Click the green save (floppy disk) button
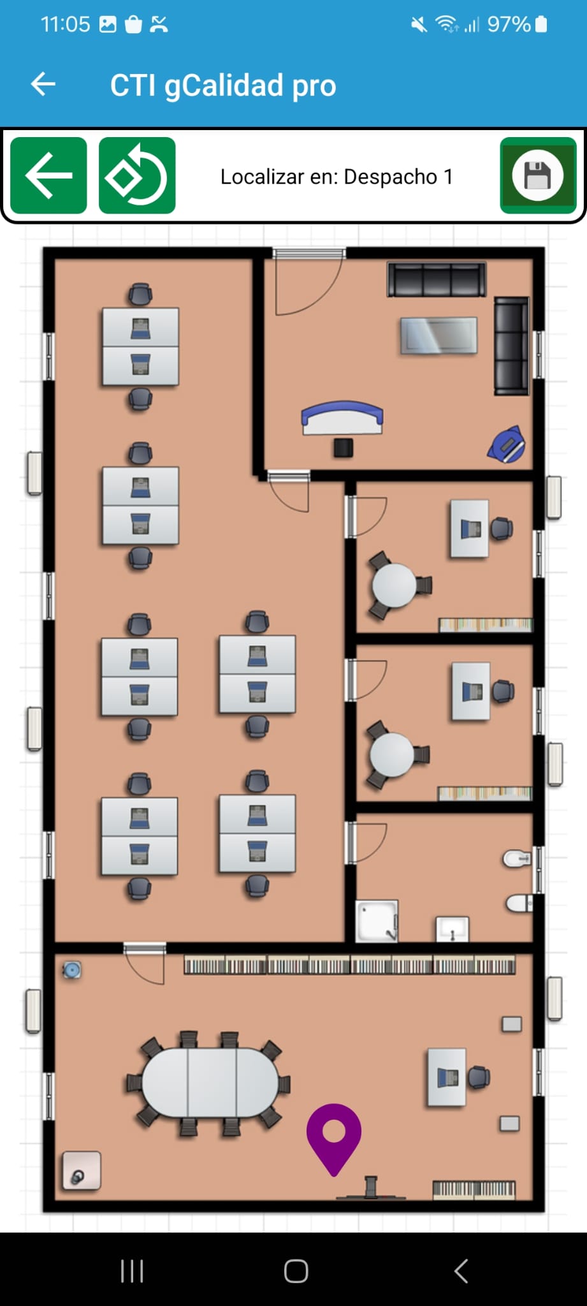(x=538, y=175)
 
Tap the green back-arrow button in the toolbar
(x=48, y=175)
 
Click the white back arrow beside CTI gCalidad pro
(x=43, y=84)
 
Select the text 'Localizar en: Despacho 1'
(x=337, y=177)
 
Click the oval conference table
(x=210, y=1082)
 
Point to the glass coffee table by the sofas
(x=438, y=335)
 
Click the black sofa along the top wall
(x=437, y=280)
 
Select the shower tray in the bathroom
(x=377, y=921)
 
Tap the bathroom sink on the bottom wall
(x=453, y=929)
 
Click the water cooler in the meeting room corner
(x=71, y=971)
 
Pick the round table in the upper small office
(x=394, y=585)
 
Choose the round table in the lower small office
(x=392, y=754)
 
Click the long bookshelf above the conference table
(x=350, y=965)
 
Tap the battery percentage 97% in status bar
(x=509, y=25)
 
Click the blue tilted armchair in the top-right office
(x=507, y=444)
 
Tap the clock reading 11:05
(x=66, y=24)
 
